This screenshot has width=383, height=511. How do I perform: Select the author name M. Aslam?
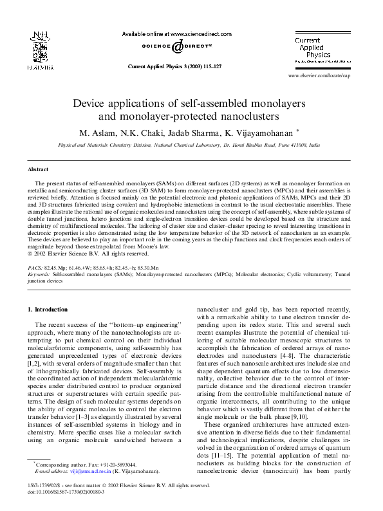click(x=95, y=133)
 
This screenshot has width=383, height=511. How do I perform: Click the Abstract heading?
click(x=38, y=169)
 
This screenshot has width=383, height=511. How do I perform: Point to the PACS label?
click(x=36, y=266)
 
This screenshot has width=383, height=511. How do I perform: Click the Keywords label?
click(x=39, y=274)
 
